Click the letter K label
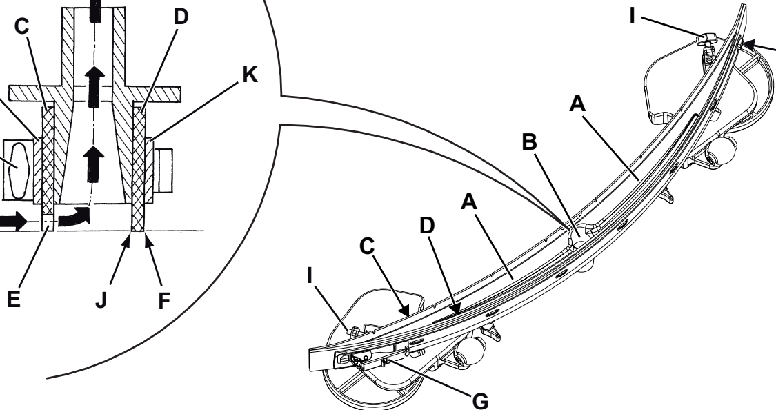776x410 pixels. [250, 75]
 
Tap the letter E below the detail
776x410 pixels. [13, 300]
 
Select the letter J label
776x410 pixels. [101, 300]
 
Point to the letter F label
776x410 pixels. [164, 300]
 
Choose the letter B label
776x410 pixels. [530, 141]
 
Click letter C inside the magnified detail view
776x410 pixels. [22, 26]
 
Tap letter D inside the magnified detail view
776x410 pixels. [181, 17]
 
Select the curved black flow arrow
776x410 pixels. [74, 217]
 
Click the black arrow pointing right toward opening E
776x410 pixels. [12, 221]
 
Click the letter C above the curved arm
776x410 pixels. [367, 246]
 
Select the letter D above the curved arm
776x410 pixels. [427, 225]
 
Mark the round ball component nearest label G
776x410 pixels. [472, 351]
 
